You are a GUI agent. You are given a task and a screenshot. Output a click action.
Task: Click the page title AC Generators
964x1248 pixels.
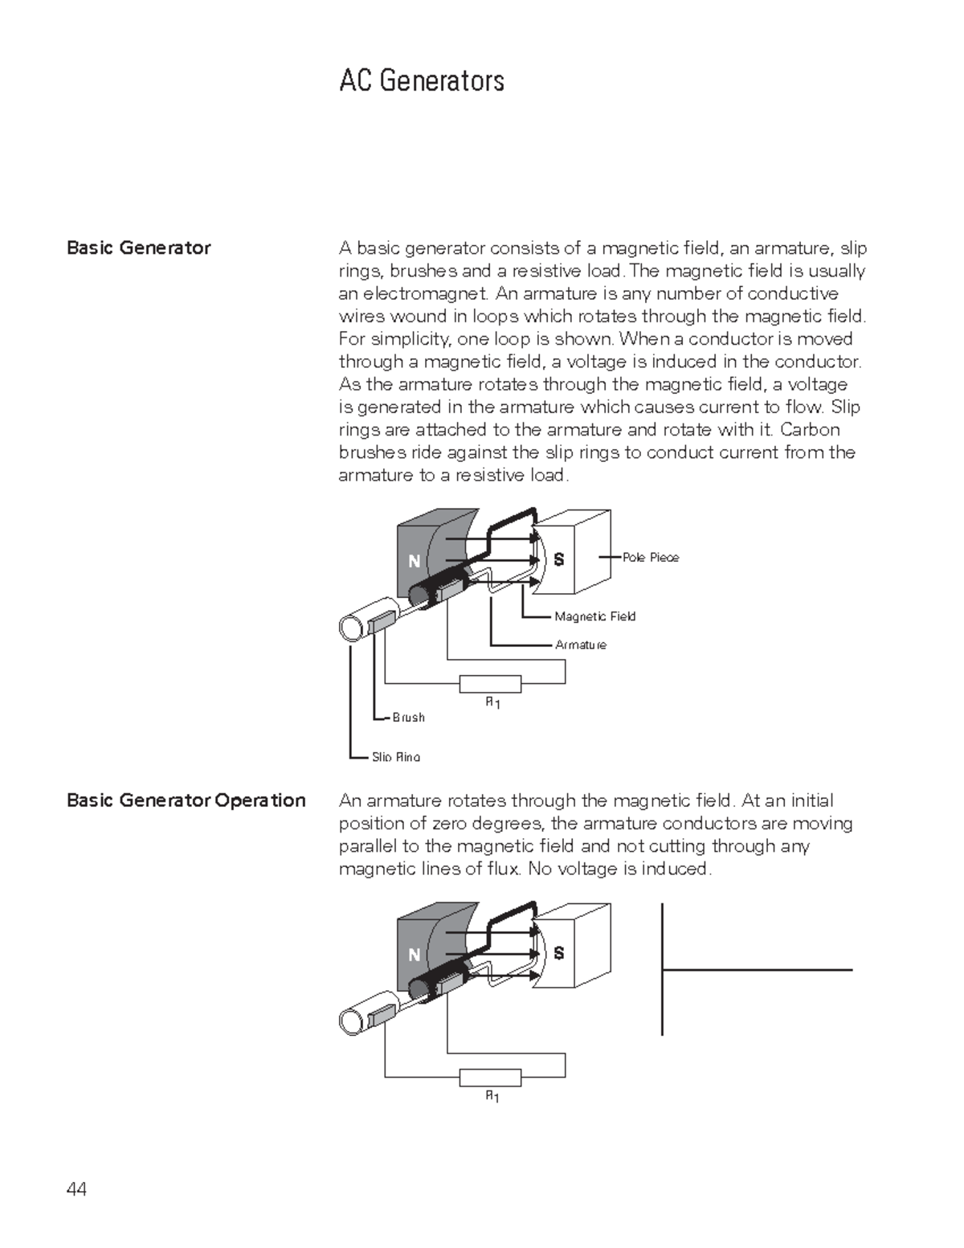pos(422,80)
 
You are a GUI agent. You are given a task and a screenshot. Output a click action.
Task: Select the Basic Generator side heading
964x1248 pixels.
pos(138,248)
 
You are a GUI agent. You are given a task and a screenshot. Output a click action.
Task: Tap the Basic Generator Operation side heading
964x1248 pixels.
pos(186,800)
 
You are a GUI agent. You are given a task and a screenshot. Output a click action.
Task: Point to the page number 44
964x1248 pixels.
pos(77,1189)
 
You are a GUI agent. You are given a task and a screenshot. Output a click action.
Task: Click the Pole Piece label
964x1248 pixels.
pos(650,557)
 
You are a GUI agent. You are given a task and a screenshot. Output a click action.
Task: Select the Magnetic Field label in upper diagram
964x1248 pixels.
pos(594,616)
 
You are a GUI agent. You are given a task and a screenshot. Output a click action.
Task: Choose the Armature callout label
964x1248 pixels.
pos(581,644)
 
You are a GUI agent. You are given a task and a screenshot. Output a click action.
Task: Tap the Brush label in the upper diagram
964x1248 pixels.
pos(408,717)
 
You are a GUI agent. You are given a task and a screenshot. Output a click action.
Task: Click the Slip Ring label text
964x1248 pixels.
pos(395,756)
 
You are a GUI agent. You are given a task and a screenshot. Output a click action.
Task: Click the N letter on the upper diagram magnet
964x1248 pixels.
pos(415,561)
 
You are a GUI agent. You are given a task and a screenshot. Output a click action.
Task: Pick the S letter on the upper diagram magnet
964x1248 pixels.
pos(559,559)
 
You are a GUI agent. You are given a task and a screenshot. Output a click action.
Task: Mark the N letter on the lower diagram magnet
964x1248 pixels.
pos(415,955)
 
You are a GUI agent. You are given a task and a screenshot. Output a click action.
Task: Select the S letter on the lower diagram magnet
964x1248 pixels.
pos(559,952)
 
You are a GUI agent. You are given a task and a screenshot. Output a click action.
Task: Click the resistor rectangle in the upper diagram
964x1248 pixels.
pos(490,684)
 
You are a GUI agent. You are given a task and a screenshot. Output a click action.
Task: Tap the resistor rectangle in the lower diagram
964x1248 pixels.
pos(490,1077)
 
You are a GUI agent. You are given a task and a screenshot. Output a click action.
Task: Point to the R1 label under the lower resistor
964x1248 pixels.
pos(492,1097)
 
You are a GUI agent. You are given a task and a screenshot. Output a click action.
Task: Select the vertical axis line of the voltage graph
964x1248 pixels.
pos(662,969)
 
